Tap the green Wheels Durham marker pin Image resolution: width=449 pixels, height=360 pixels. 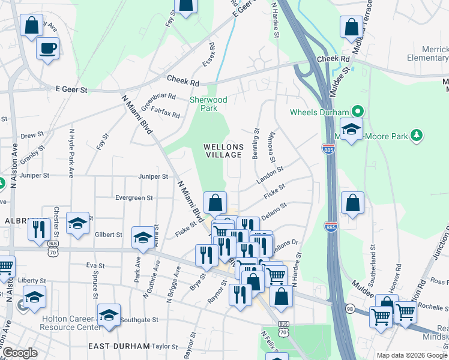pyautogui.click(x=358, y=111)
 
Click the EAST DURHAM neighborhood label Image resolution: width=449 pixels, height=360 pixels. pyautogui.click(x=118, y=346)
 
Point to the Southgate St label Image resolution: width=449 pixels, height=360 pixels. pyautogui.click(x=139, y=320)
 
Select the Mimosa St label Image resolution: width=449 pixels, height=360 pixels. pyautogui.click(x=272, y=148)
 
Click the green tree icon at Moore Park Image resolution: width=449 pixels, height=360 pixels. pyautogui.click(x=416, y=136)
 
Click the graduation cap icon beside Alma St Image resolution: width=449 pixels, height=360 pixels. pyautogui.click(x=143, y=238)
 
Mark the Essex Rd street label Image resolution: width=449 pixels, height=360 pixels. pyautogui.click(x=209, y=55)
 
